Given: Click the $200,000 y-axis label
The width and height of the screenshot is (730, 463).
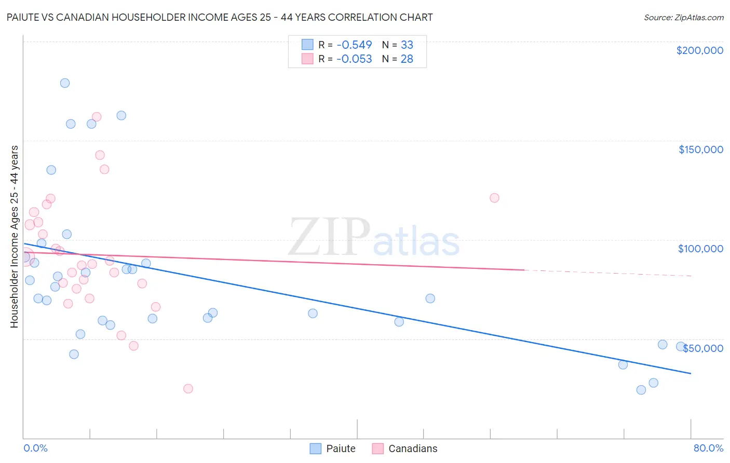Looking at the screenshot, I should (x=699, y=50).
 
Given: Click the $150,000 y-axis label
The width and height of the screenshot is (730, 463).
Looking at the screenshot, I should (x=700, y=149).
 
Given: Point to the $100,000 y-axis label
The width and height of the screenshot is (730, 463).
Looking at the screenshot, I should (x=700, y=249).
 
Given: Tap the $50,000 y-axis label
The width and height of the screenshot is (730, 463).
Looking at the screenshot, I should (x=703, y=348).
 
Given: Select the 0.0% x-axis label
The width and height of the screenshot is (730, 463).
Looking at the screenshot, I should (x=35, y=448).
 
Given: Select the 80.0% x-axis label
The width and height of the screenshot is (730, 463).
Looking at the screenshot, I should (x=708, y=448).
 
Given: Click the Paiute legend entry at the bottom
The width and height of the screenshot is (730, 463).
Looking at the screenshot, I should (x=333, y=448).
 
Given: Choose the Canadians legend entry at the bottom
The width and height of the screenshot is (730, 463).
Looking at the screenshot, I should (x=405, y=448).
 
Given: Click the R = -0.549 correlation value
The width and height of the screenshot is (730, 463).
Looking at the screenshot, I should (x=345, y=45).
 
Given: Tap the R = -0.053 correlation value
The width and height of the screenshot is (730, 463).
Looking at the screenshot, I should (x=345, y=59).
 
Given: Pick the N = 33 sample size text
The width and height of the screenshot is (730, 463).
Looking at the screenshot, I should (x=398, y=45).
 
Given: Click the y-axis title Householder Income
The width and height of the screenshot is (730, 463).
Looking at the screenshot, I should (x=15, y=236).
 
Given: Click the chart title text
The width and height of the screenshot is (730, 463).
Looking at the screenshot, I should (x=219, y=17).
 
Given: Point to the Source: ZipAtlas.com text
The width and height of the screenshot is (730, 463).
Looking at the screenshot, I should (x=683, y=18).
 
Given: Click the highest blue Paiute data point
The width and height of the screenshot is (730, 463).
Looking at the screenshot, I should (x=65, y=83).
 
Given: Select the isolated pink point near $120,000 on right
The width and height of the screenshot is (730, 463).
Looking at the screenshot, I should (x=494, y=198).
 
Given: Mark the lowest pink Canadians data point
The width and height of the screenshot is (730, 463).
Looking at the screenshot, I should (x=188, y=389).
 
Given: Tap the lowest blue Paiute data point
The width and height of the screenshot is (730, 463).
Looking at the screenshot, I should (x=641, y=390).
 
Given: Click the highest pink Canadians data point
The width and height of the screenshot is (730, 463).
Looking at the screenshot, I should (x=97, y=117).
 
